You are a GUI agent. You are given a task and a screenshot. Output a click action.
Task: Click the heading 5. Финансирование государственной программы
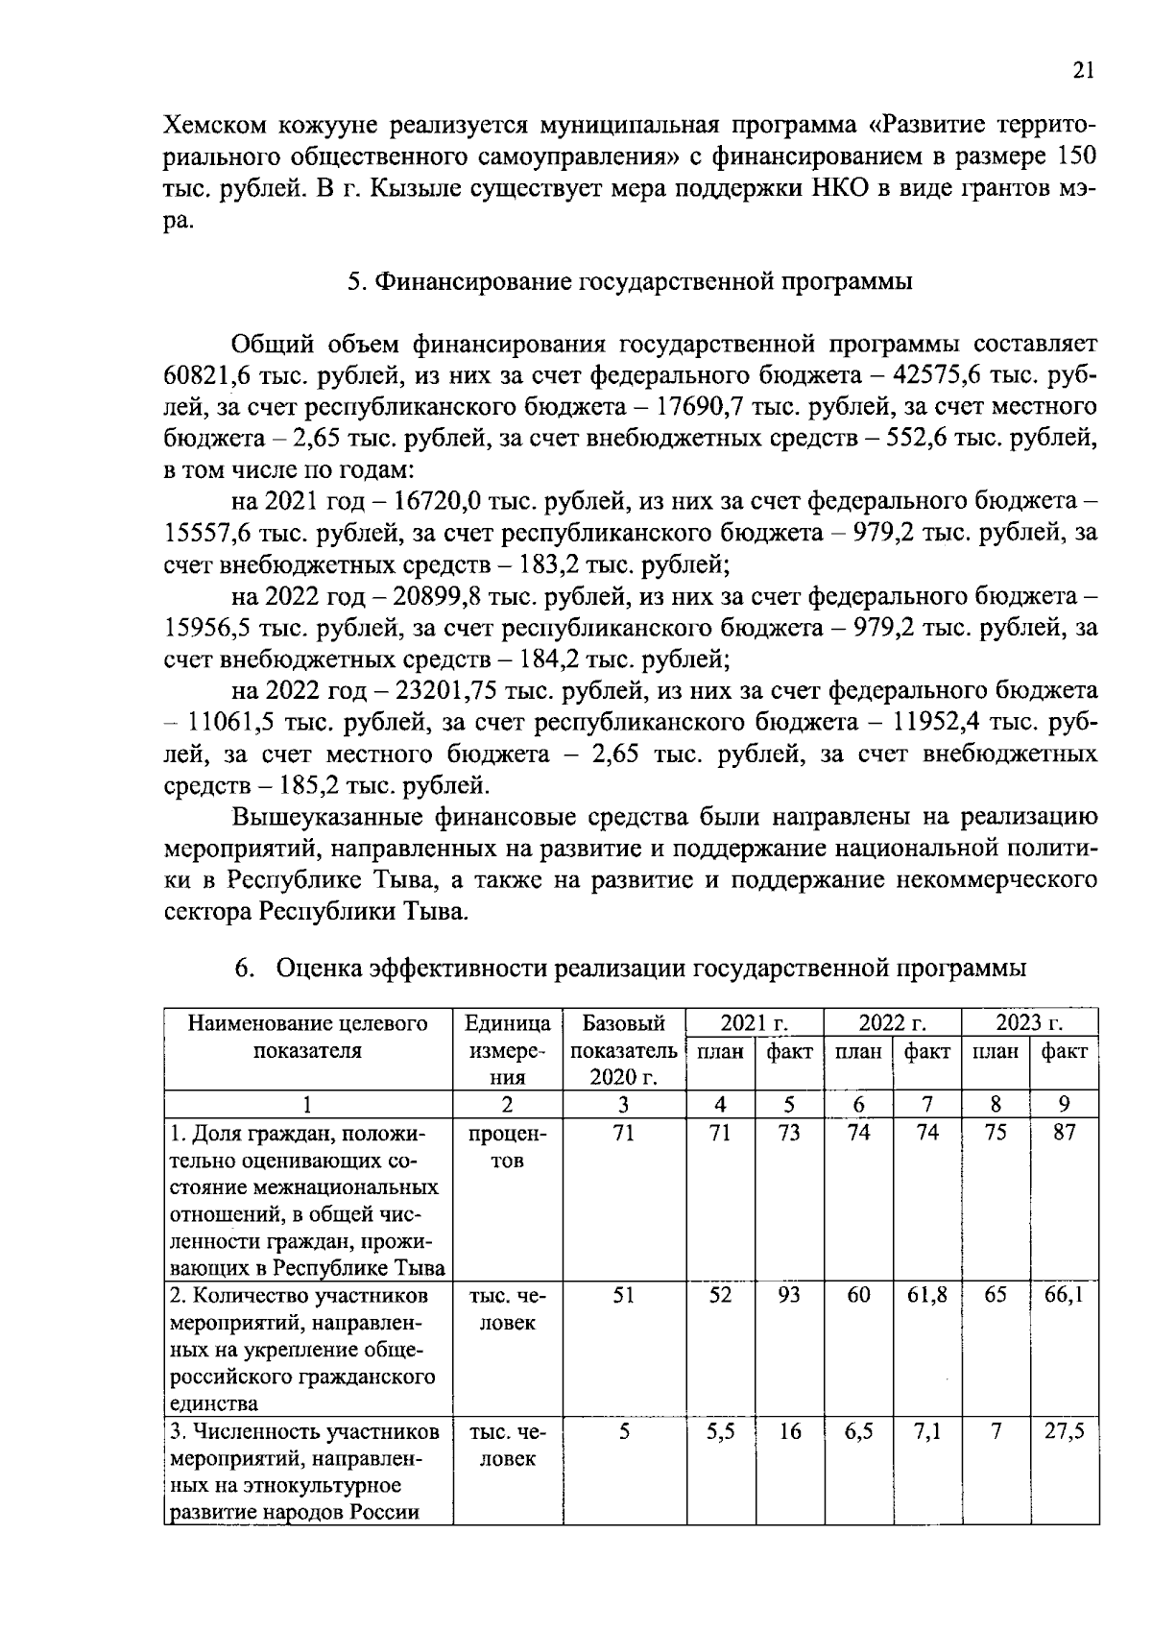click(x=629, y=281)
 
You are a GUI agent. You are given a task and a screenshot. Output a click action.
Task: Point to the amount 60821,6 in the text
click(x=212, y=375)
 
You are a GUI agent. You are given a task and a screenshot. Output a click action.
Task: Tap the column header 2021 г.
click(x=755, y=1021)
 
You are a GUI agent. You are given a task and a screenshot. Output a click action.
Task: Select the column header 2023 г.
click(x=1029, y=1021)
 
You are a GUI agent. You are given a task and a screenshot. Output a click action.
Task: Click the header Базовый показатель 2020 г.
click(x=624, y=1049)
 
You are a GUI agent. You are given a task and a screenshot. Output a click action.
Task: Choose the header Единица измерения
click(x=507, y=1049)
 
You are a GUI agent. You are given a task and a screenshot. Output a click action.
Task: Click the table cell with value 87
click(x=1065, y=1133)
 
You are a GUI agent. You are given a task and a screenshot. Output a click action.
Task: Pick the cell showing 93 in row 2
click(x=789, y=1295)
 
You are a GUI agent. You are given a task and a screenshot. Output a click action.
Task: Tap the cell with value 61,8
click(x=927, y=1295)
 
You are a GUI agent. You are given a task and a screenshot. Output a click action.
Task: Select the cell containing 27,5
click(x=1065, y=1431)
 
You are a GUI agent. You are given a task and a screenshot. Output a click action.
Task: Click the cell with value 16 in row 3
click(x=789, y=1431)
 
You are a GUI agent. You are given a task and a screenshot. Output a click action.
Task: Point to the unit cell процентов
click(x=507, y=1146)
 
